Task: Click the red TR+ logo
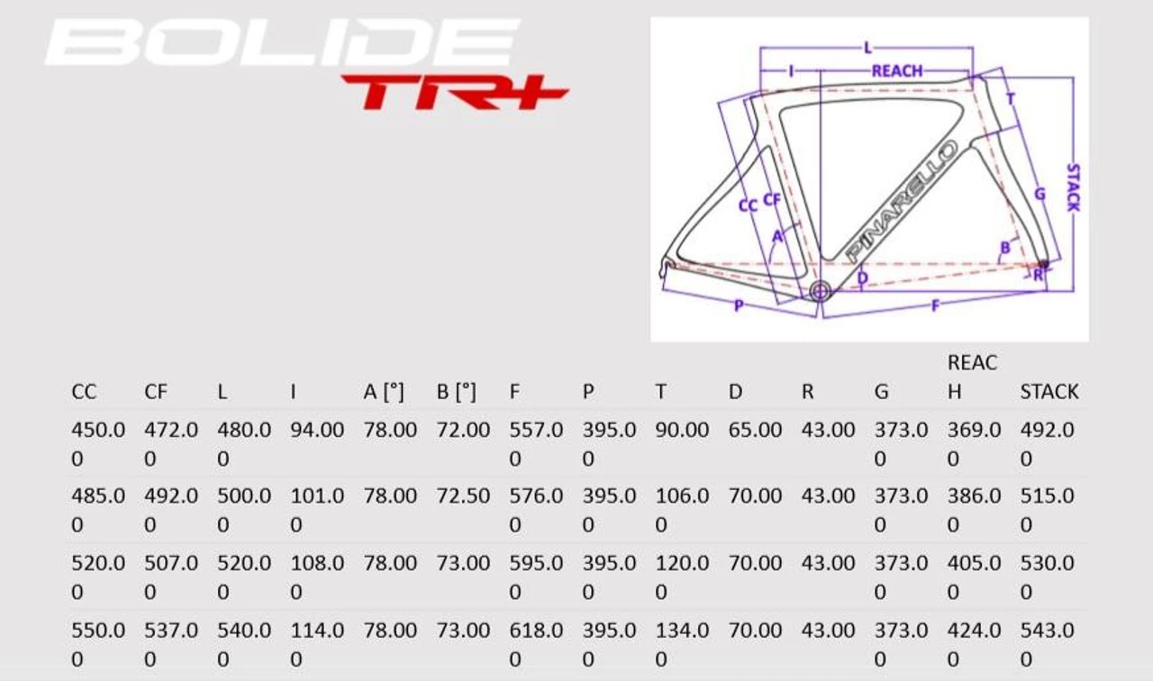pyautogui.click(x=455, y=92)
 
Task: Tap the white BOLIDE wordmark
pyautogui.click(x=283, y=42)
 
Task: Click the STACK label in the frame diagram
pyautogui.click(x=1073, y=187)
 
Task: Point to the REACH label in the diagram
pyautogui.click(x=896, y=71)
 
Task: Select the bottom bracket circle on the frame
pyautogui.click(x=820, y=291)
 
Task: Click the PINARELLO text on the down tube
pyautogui.click(x=902, y=201)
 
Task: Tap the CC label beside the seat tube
pyautogui.click(x=748, y=206)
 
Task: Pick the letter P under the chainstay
pyautogui.click(x=739, y=305)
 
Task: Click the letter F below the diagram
pyautogui.click(x=935, y=305)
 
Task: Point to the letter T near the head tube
pyautogui.click(x=1011, y=99)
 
